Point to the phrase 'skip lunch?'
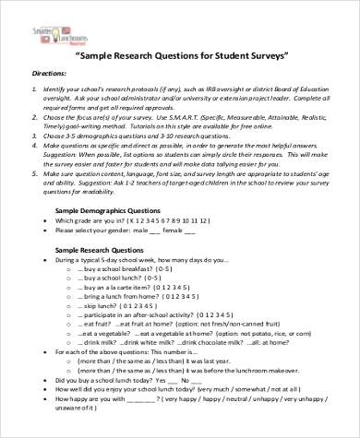coord(99,330)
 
